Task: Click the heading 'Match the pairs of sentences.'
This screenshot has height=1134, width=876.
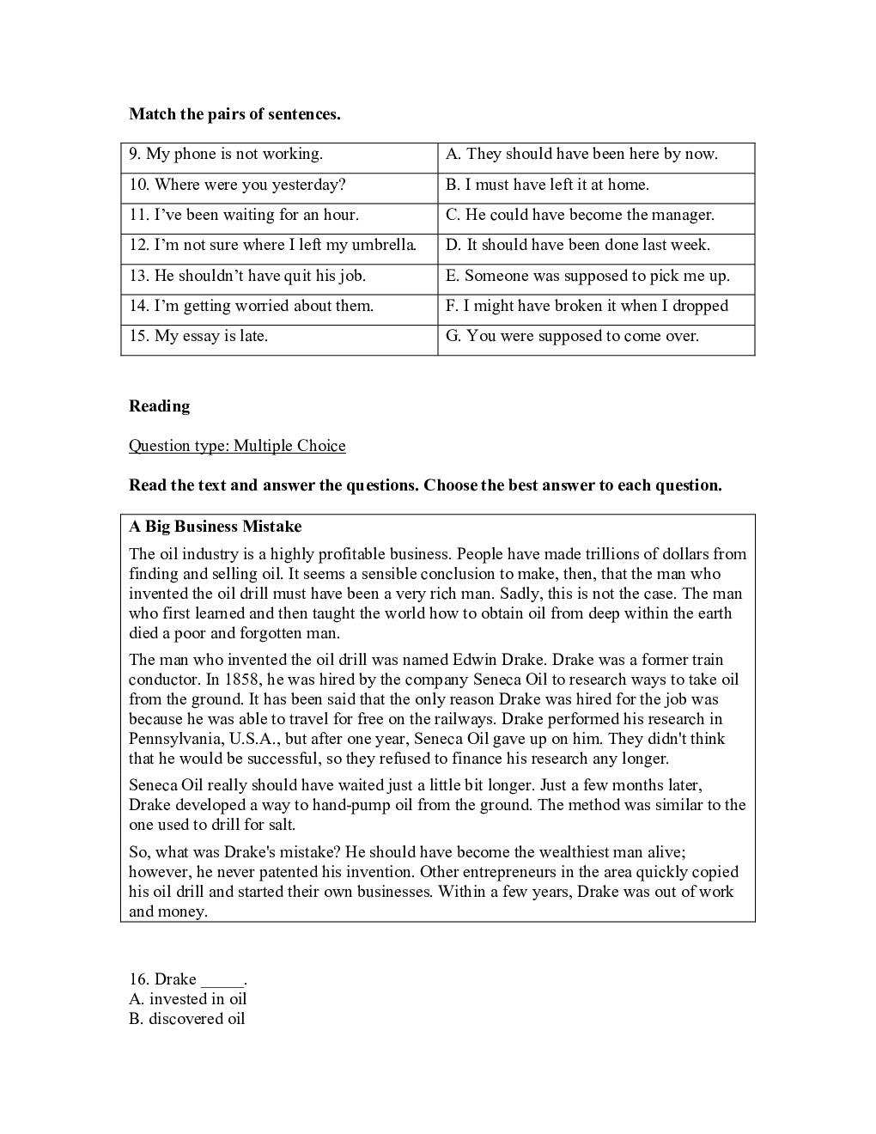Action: point(234,114)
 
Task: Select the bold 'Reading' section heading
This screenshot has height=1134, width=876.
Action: point(160,406)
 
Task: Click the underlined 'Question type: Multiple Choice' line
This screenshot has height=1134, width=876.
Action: point(237,446)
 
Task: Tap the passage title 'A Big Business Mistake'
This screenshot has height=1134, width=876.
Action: point(215,527)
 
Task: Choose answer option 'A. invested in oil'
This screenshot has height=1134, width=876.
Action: point(187,999)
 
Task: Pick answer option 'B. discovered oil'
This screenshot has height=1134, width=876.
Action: point(186,1019)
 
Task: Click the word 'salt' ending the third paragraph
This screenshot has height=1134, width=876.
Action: point(280,825)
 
